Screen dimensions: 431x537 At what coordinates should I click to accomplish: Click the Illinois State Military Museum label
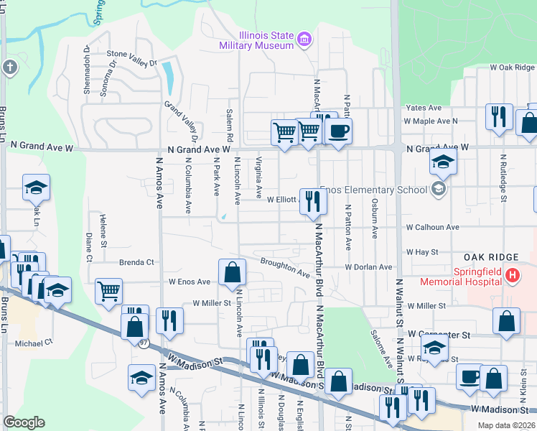[256, 40]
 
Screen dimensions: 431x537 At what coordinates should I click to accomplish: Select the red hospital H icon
[511, 274]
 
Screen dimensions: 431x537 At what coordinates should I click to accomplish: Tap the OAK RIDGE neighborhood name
[491, 257]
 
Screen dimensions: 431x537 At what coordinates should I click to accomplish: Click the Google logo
[24, 422]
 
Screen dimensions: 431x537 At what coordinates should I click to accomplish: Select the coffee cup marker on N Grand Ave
[338, 131]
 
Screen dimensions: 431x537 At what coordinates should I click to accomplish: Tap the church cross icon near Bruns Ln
[9, 68]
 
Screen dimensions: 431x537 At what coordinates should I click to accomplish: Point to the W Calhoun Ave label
[432, 227]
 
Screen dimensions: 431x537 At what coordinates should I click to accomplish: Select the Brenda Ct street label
[136, 262]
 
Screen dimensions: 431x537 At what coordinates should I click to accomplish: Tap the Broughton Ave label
[285, 267]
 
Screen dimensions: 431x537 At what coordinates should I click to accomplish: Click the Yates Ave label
[424, 108]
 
